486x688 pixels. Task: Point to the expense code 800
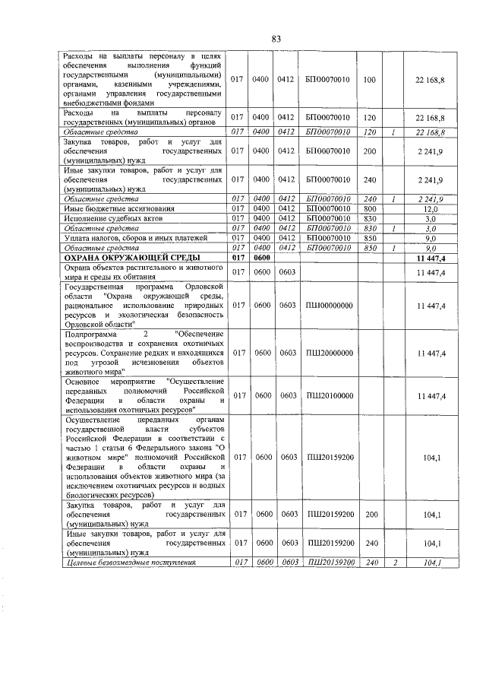tap(370, 208)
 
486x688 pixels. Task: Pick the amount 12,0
tap(431, 208)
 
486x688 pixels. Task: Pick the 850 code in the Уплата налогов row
tap(370, 238)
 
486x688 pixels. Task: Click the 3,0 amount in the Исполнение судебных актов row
tap(431, 218)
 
